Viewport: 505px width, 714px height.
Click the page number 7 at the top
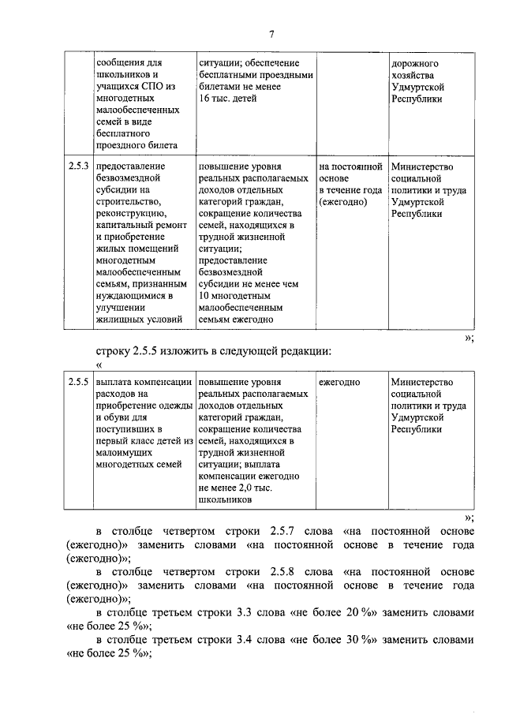tap(271, 34)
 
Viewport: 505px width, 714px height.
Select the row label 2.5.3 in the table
tap(77, 167)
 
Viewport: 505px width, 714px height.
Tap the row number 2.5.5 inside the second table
tap(77, 382)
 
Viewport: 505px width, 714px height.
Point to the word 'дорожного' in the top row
tap(414, 63)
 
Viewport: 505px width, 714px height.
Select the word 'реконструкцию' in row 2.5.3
tap(129, 213)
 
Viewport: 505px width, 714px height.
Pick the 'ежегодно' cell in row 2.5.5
tap(339, 382)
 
